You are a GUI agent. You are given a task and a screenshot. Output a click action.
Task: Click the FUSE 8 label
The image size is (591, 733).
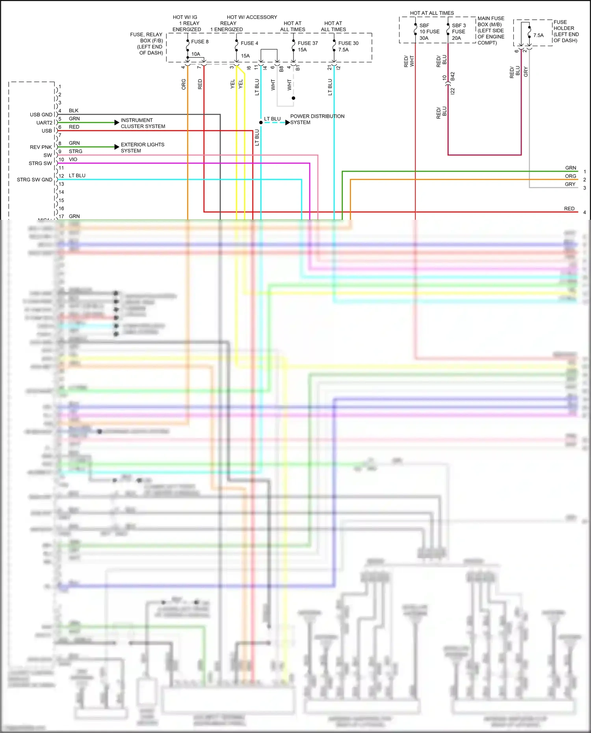(x=200, y=41)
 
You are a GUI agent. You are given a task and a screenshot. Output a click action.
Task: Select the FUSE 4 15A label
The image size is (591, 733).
(x=249, y=49)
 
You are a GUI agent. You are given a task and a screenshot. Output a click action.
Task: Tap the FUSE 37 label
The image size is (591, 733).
(x=307, y=43)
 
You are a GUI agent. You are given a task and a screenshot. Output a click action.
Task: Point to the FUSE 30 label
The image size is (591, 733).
(x=348, y=43)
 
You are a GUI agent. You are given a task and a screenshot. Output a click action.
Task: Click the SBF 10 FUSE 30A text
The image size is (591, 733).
(x=429, y=32)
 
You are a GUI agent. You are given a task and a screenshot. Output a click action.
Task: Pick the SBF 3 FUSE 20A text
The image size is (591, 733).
(x=459, y=32)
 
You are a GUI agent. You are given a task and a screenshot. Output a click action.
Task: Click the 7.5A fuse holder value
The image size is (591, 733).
(x=538, y=35)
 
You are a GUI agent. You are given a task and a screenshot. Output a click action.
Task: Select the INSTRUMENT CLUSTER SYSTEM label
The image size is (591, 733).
(x=143, y=123)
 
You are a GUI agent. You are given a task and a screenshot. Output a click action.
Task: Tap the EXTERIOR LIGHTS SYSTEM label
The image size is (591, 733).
(x=142, y=148)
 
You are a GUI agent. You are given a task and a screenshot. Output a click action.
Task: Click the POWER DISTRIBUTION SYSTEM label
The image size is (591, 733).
(x=317, y=119)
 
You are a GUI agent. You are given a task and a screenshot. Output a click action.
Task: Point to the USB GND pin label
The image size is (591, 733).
(x=41, y=115)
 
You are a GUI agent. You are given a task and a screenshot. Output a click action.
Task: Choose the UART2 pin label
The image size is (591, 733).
(x=44, y=123)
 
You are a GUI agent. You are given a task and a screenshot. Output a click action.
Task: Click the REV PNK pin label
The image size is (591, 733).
(x=41, y=147)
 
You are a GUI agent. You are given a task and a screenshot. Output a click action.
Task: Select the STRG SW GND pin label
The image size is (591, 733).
(x=34, y=180)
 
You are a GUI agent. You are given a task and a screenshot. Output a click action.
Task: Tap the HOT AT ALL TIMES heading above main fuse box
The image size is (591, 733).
(x=432, y=13)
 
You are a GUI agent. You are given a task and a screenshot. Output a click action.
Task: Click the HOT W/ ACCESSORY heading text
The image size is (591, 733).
(x=252, y=17)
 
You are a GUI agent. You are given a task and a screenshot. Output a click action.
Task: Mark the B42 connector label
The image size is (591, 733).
(x=453, y=76)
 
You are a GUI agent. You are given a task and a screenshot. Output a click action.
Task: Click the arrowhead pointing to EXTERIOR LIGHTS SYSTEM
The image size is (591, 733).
(x=117, y=147)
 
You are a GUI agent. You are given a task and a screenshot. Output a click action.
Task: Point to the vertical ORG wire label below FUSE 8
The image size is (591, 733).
(x=184, y=84)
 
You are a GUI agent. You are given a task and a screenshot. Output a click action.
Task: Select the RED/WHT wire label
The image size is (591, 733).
(x=409, y=61)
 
